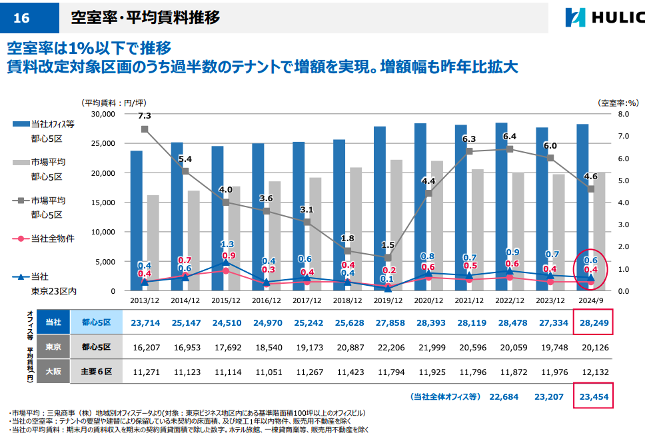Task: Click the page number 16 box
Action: [22, 18]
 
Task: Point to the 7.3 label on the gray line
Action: [145, 115]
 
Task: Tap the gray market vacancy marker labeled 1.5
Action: [388, 257]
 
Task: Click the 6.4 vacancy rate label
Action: [510, 137]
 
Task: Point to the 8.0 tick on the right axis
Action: [624, 114]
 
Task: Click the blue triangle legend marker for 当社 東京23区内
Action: [21, 276]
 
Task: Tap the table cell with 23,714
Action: [145, 322]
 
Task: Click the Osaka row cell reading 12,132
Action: [591, 372]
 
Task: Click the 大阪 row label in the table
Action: [53, 372]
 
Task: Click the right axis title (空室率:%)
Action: [619, 103]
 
